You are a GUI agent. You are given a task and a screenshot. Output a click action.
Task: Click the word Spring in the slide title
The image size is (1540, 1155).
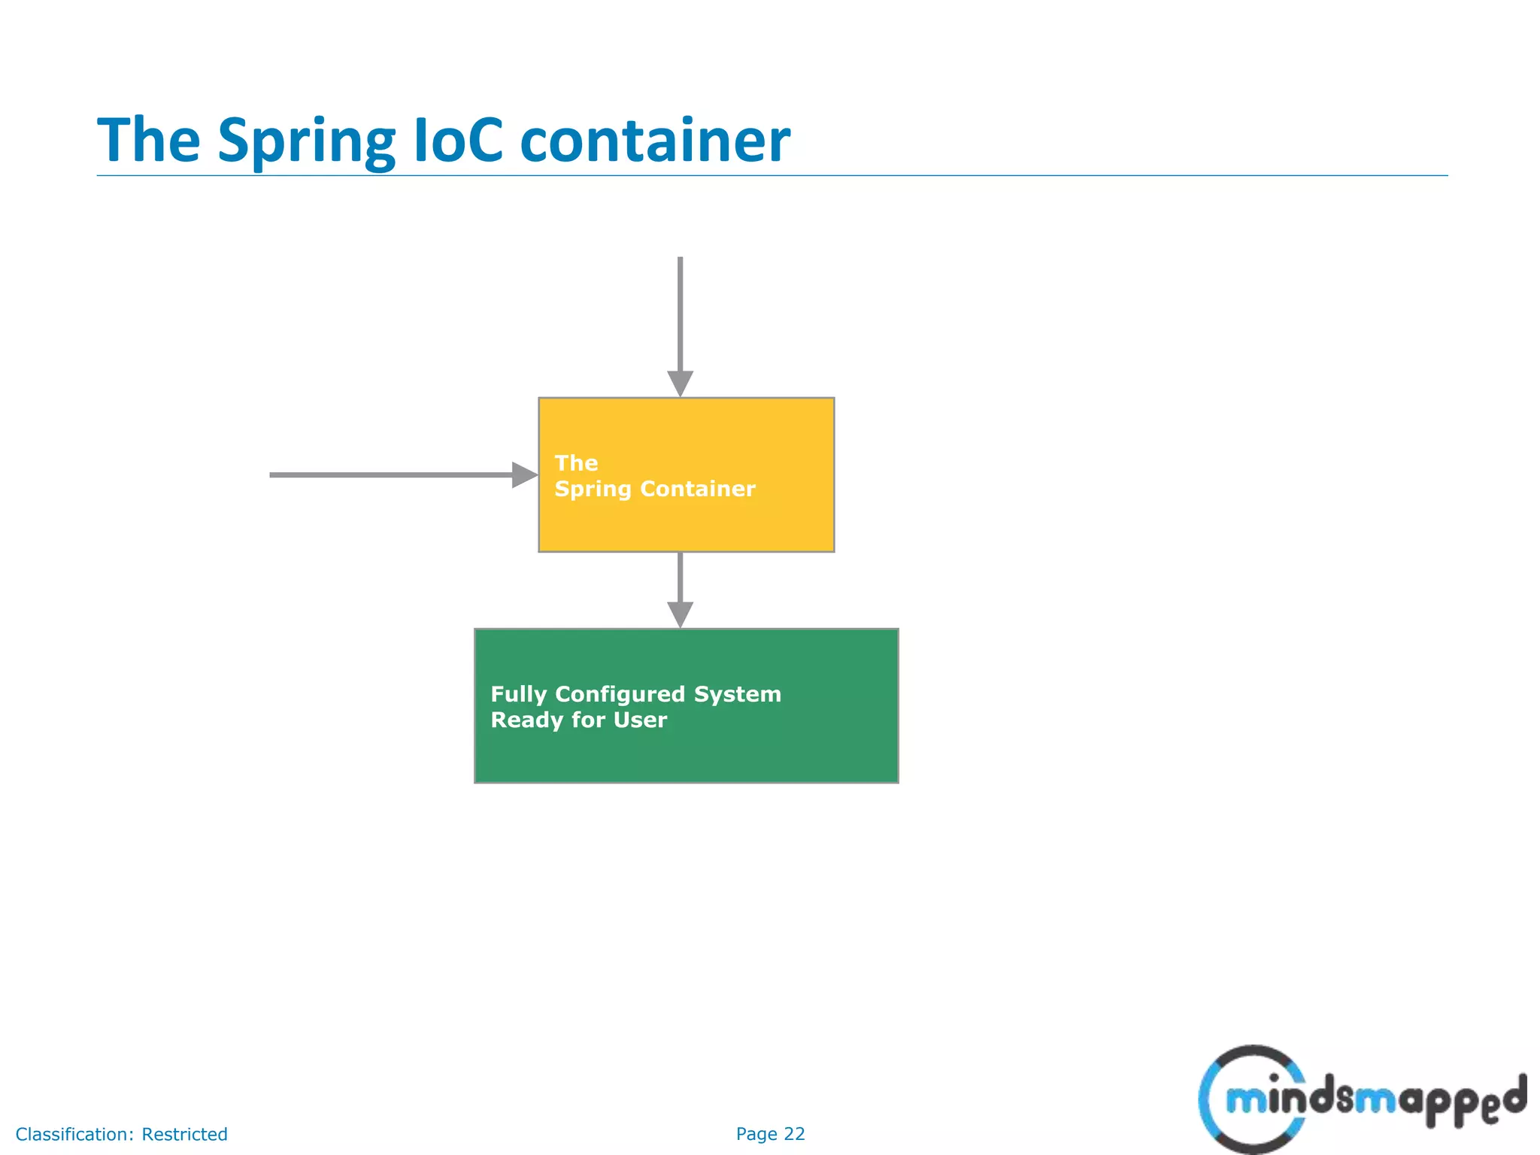[306, 141]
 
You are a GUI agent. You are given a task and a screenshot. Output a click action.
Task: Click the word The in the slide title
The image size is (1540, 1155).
[149, 140]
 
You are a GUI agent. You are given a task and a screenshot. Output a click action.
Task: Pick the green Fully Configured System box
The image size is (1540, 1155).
[686, 752]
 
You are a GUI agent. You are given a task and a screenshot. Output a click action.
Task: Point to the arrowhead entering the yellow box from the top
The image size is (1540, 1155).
[681, 383]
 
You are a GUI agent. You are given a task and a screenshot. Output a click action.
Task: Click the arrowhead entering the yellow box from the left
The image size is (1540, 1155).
[524, 475]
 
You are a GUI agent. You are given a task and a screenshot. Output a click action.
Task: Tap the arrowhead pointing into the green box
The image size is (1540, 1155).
[681, 614]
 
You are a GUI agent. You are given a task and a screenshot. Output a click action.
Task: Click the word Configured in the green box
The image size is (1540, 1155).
[620, 695]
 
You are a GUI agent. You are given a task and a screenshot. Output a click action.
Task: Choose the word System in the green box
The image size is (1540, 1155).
[737, 694]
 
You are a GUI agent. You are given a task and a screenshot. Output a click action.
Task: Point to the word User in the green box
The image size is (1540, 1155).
[640, 720]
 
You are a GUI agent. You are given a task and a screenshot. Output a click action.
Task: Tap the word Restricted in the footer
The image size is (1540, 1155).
[184, 1134]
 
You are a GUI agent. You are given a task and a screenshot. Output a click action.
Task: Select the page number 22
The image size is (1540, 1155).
[794, 1134]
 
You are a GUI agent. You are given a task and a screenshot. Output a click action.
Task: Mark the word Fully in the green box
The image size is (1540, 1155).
[519, 695]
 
